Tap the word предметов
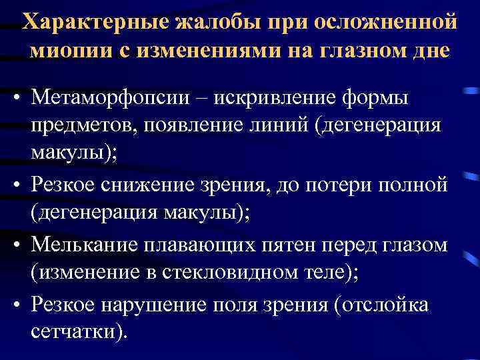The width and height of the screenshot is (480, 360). tap(80, 125)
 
